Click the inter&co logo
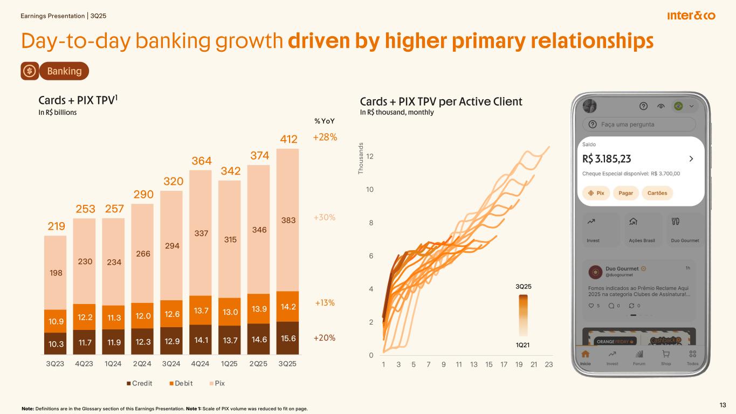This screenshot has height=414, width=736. pos(691,16)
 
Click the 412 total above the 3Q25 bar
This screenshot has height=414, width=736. pos(288,141)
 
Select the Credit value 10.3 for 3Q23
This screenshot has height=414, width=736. pos(55,344)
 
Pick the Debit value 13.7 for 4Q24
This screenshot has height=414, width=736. pos(200,310)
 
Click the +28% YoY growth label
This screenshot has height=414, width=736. pos(325,137)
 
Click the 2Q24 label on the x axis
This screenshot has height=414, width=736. pos(142,364)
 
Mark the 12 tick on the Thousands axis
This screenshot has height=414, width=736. pos(369,156)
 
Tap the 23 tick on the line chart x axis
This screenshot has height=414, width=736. pos(549,364)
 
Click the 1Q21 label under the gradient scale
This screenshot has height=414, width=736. pos(523,344)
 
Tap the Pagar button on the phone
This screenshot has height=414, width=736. pos(625,193)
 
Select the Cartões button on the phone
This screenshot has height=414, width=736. pos(657,193)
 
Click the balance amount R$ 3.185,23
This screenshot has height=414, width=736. pos(607,158)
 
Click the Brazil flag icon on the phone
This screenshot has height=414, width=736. pos(678,106)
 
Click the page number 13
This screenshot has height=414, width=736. pos(723,405)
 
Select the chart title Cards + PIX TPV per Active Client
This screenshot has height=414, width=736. pos(441,101)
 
